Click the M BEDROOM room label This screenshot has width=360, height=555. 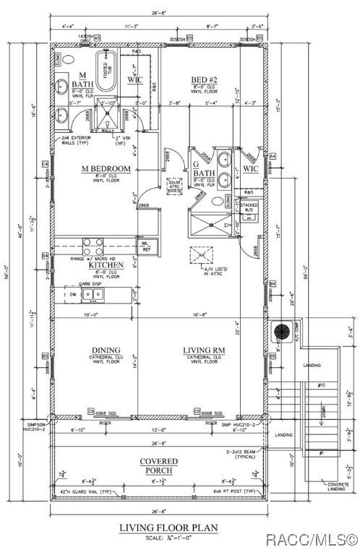pos(106,168)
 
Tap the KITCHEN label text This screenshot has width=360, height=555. pos(106,265)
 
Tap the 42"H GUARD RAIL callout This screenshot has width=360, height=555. pos(85,491)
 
